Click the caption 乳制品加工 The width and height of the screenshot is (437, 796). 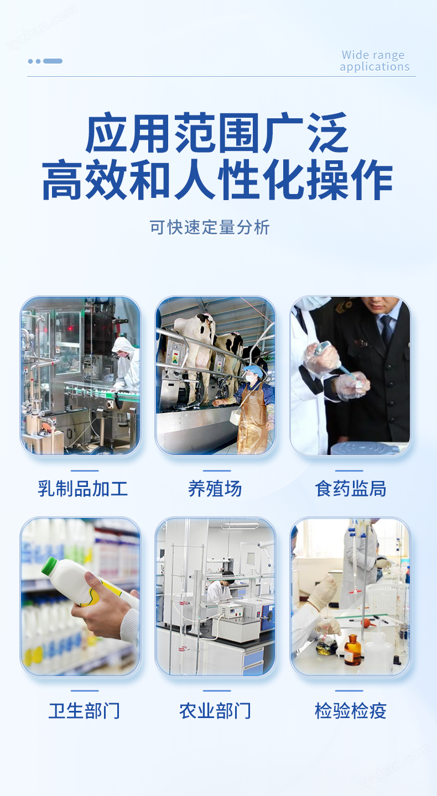[82, 489]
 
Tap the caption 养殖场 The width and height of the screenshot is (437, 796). [215, 489]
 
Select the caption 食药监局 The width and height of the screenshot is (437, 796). [350, 489]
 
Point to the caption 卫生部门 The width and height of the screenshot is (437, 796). [84, 711]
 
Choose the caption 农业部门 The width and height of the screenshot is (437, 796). [215, 711]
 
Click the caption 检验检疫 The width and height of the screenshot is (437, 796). [350, 711]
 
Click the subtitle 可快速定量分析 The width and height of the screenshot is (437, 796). [210, 227]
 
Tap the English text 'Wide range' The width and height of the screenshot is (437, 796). [373, 55]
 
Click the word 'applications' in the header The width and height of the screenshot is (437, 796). [375, 67]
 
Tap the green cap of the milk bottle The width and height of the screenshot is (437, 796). [49, 565]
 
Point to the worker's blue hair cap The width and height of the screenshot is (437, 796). [253, 370]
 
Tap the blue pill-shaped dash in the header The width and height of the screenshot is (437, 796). [53, 61]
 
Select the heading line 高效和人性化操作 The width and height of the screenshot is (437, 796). [217, 180]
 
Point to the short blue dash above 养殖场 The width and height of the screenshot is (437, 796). [217, 470]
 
